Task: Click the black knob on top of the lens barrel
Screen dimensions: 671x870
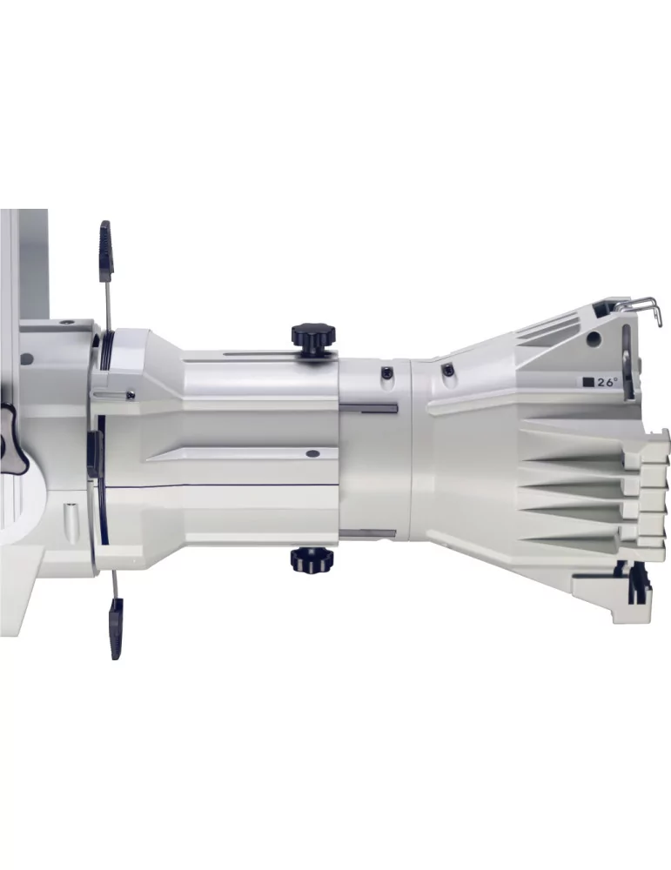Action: click(313, 336)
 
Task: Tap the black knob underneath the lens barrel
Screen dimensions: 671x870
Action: click(312, 559)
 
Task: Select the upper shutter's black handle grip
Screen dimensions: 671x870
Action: click(106, 251)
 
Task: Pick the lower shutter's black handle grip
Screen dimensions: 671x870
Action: click(116, 628)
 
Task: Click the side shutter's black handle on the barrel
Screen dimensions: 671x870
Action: click(94, 454)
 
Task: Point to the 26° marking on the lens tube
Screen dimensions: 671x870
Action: click(607, 382)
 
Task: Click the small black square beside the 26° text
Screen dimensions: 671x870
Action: click(588, 382)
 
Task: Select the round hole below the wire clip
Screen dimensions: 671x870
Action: click(594, 338)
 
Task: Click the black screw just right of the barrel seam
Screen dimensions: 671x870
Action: click(446, 369)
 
